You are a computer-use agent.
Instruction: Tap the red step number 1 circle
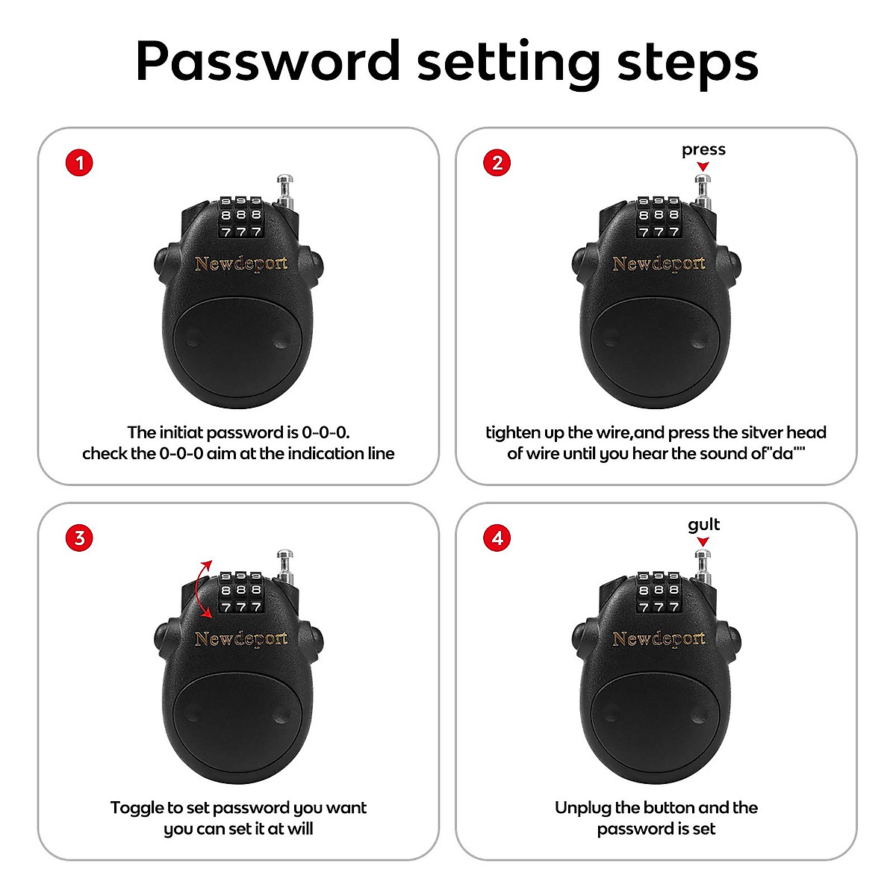pyautogui.click(x=80, y=163)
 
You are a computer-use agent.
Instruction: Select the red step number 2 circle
pyautogui.click(x=498, y=163)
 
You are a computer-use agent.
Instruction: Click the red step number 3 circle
pyautogui.click(x=80, y=538)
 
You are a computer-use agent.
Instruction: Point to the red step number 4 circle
pyautogui.click(x=498, y=538)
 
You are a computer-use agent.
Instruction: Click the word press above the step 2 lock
pyautogui.click(x=703, y=150)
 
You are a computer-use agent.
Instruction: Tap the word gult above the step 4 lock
pyautogui.click(x=703, y=525)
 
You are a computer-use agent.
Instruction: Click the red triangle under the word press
pyautogui.click(x=703, y=167)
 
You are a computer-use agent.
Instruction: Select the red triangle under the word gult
pyautogui.click(x=703, y=541)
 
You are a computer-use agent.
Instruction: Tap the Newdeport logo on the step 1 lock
pyautogui.click(x=240, y=264)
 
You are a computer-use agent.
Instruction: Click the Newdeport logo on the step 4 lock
pyautogui.click(x=659, y=638)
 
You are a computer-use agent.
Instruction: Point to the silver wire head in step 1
pyautogui.click(x=284, y=181)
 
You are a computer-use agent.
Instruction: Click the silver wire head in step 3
pyautogui.click(x=284, y=556)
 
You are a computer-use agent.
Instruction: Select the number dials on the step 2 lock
pyautogui.click(x=659, y=217)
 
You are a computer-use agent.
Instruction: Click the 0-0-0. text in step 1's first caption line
pyautogui.click(x=326, y=432)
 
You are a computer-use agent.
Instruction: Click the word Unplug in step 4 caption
pyautogui.click(x=582, y=808)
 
